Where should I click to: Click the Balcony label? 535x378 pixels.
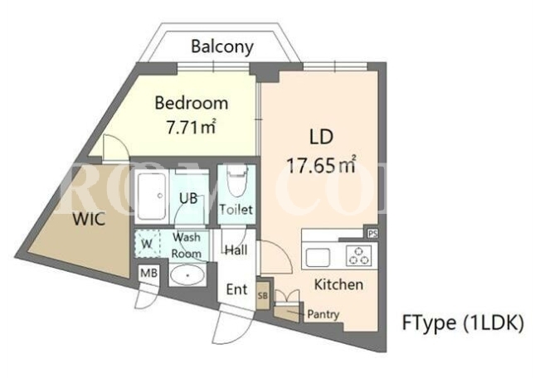tap(222, 47)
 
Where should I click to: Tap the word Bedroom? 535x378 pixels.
tap(192, 103)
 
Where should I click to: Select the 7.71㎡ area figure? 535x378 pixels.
tap(191, 127)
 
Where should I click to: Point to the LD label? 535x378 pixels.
tap(321, 137)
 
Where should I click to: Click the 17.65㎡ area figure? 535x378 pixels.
tap(321, 165)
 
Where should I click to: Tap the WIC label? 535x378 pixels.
tap(89, 219)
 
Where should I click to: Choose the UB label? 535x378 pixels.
tap(188, 197)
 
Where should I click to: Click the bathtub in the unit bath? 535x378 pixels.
tap(152, 196)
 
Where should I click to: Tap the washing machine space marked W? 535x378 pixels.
tap(147, 244)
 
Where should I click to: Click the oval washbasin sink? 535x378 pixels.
tap(187, 274)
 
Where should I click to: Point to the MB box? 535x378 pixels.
tap(149, 273)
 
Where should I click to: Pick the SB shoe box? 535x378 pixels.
tap(263, 295)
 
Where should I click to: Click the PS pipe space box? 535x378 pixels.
tap(372, 234)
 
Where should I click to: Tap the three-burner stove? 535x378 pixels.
tap(358, 255)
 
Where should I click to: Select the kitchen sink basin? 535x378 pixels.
tap(318, 257)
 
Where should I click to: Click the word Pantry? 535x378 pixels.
tap(323, 314)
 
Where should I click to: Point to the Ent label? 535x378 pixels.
tap(236, 289)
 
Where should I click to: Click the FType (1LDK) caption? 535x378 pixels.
tap(463, 322)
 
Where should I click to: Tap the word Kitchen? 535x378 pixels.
tap(338, 284)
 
